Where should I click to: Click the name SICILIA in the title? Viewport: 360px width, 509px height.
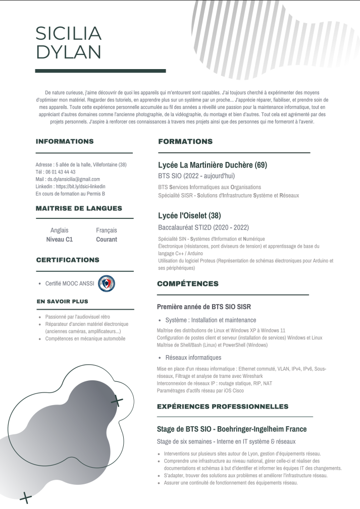coord(69,33)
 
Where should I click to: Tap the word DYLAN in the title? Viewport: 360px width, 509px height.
coord(69,52)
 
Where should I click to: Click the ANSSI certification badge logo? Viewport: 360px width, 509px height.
coord(106,283)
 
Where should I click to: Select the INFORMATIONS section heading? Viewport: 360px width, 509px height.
coord(65,141)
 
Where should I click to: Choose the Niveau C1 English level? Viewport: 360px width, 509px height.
coord(60,240)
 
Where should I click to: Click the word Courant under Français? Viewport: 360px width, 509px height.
coord(107,240)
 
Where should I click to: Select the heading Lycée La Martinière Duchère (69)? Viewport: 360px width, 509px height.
coord(213,165)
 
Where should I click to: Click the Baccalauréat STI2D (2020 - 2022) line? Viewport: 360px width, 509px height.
coord(203,228)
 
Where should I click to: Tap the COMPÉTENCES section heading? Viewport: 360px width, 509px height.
coord(188,284)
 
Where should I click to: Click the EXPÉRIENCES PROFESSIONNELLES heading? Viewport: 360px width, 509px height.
coord(223,406)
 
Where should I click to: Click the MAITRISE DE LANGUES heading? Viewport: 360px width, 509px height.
coord(79,208)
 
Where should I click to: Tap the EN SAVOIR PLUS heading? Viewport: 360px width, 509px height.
coord(63,301)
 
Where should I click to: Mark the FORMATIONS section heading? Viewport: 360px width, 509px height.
coord(185,141)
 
